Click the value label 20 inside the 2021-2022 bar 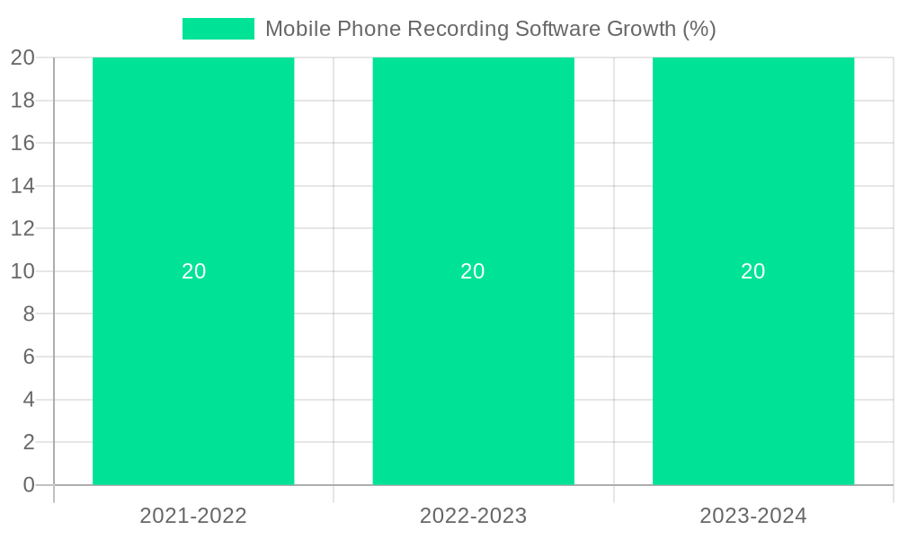click(x=194, y=271)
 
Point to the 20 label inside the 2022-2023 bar click(x=473, y=271)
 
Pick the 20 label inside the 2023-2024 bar click(x=753, y=271)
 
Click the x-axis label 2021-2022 click(x=193, y=516)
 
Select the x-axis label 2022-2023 click(x=473, y=516)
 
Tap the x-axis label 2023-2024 click(x=753, y=516)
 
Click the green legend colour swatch click(x=218, y=29)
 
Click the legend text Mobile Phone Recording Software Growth click(x=490, y=29)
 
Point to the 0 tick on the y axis click(x=29, y=485)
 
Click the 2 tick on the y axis click(x=29, y=442)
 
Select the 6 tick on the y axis click(x=29, y=357)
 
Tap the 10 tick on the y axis click(x=22, y=271)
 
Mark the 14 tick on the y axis click(x=22, y=186)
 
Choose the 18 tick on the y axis click(x=22, y=101)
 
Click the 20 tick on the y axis click(x=22, y=57)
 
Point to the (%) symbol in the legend click(x=699, y=29)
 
